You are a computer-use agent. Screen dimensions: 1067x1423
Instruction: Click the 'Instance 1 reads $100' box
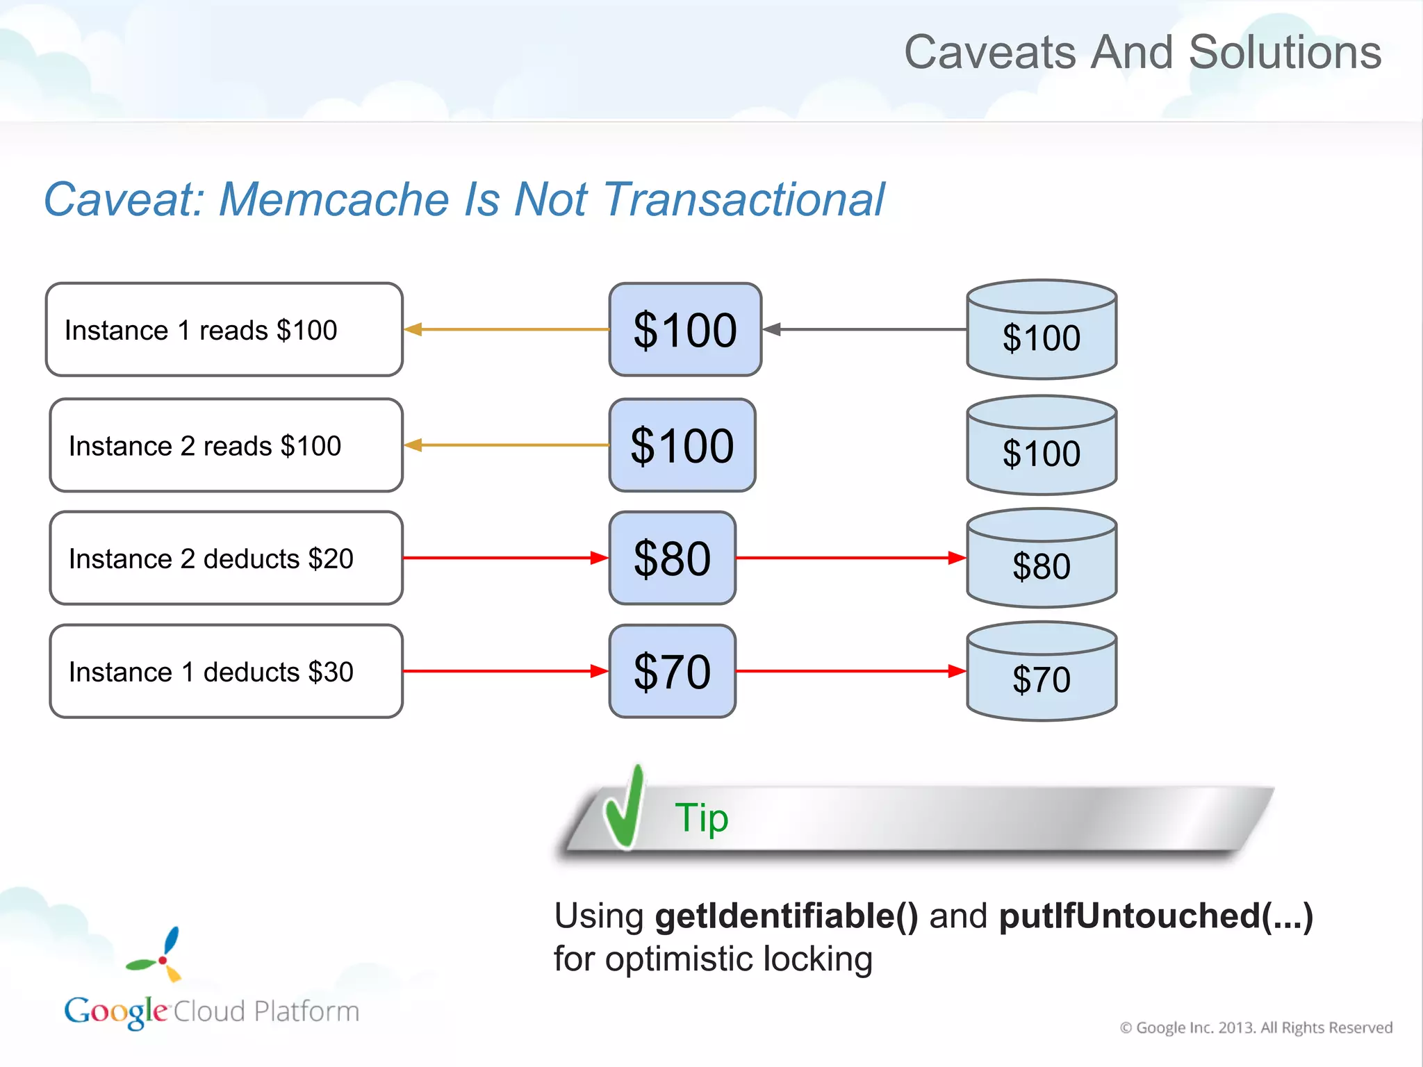pos(224,329)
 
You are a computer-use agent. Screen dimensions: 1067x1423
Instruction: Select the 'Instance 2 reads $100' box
pos(226,445)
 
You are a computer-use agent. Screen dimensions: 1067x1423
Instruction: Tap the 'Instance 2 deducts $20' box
pos(226,559)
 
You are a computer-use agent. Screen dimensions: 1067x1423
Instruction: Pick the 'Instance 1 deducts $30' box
pos(226,672)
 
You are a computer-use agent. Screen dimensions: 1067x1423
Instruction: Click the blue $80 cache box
pos(672,559)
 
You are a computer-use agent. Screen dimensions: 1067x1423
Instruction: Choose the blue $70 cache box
pos(672,672)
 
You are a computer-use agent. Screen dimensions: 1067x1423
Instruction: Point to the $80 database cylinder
pos(1042,559)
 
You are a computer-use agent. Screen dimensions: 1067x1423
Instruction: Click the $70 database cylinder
pos(1042,672)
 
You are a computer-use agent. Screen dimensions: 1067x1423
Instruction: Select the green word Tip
pos(701,818)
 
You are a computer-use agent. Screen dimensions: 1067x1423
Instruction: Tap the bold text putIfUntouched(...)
pos(1155,916)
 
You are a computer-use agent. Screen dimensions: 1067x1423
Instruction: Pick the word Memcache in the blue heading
pos(335,199)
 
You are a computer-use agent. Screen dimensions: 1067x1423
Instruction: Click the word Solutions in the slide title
pos(1285,52)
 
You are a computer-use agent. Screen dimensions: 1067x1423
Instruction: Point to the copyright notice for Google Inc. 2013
pos(1256,1027)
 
